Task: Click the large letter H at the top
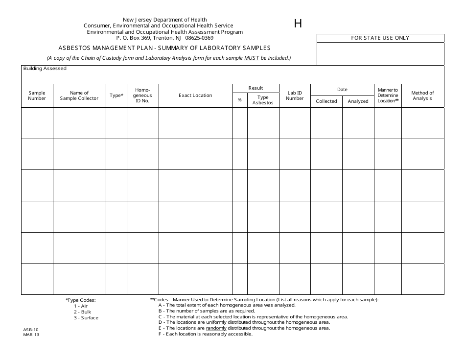[x=298, y=24]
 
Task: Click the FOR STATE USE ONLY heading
[x=380, y=38]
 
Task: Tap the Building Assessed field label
[x=45, y=69]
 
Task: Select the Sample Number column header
[x=37, y=96]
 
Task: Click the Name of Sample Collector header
[x=79, y=96]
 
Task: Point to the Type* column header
[x=116, y=96]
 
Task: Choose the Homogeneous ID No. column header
[x=142, y=96]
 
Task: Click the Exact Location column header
[x=195, y=96]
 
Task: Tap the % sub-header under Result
[x=240, y=100]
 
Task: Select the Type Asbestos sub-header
[x=263, y=100]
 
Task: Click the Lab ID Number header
[x=295, y=96]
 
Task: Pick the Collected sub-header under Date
[x=326, y=101]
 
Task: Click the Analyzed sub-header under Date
[x=358, y=101]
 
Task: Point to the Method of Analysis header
[x=422, y=96]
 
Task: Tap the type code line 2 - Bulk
[x=82, y=312]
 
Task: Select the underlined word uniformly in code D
[x=216, y=322]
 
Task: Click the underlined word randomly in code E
[x=216, y=328]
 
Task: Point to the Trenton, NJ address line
[x=164, y=38]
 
